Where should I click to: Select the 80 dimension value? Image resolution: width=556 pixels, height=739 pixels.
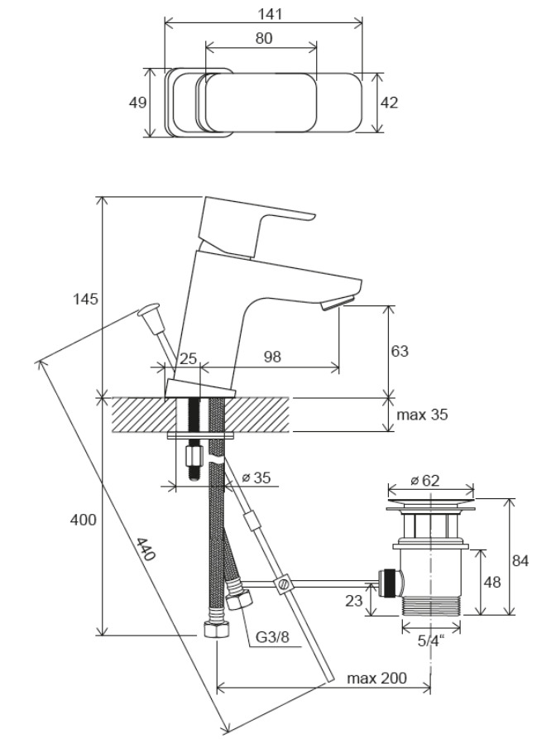(x=263, y=38)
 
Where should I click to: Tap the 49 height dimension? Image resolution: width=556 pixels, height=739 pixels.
(x=138, y=103)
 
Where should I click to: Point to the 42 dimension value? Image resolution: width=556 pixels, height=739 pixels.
(x=389, y=103)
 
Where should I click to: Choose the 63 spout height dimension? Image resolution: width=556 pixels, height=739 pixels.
(x=400, y=351)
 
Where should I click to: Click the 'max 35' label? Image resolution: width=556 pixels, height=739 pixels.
(x=423, y=415)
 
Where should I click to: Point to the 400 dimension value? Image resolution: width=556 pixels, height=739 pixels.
(x=83, y=520)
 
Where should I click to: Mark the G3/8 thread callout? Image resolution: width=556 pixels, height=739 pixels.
(x=272, y=637)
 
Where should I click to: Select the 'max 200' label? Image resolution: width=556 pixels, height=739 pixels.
(x=377, y=679)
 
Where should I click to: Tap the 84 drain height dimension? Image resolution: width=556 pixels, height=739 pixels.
(x=519, y=561)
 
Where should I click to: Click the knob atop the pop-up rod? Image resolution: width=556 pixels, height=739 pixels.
(x=149, y=312)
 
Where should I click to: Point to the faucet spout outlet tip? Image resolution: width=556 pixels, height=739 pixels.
(x=338, y=305)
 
